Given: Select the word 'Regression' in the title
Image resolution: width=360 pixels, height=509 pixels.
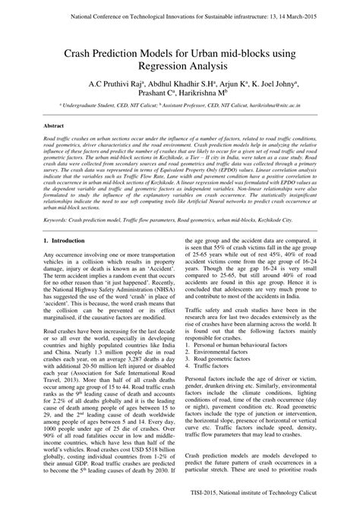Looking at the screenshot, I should [160, 68].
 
